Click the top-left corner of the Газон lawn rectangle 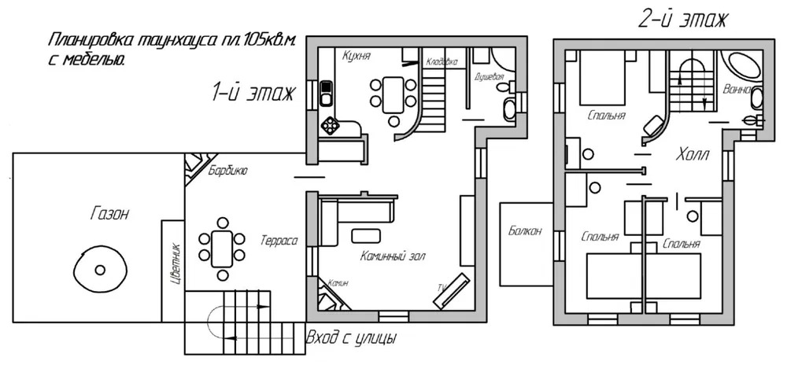point(13,153)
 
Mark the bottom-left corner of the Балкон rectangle point(501,286)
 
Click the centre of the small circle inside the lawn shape point(100,271)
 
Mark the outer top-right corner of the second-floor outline point(774,39)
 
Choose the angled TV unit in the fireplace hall point(453,291)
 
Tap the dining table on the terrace point(222,249)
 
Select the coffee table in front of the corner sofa point(366,235)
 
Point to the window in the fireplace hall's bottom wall point(393,316)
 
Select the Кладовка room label point(442,62)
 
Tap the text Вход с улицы point(352,338)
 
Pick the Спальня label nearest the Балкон point(600,236)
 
